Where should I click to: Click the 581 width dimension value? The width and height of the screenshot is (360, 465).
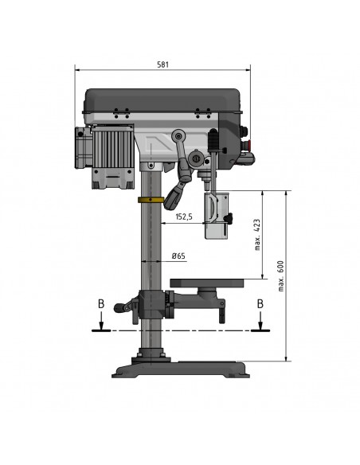click(x=162, y=64)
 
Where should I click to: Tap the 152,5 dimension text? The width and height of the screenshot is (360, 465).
click(x=184, y=217)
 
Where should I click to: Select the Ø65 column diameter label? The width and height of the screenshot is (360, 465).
click(x=179, y=256)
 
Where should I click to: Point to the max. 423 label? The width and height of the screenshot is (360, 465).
click(x=257, y=235)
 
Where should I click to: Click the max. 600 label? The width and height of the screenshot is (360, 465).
click(x=281, y=275)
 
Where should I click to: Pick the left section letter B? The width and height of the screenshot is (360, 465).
click(x=101, y=304)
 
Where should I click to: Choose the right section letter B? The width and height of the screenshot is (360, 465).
click(x=260, y=304)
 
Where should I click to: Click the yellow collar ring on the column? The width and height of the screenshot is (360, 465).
click(x=151, y=200)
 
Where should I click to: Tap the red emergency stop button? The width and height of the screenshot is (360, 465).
click(x=249, y=146)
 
